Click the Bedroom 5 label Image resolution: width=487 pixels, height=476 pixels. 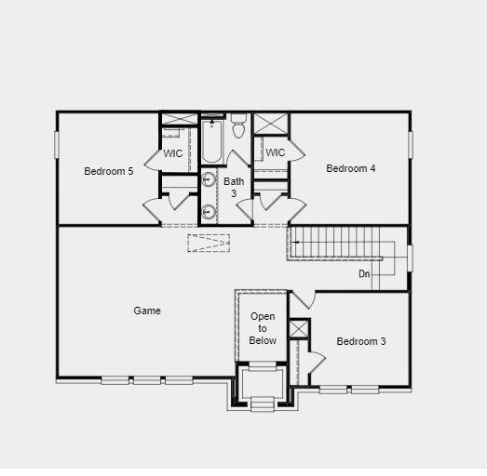[x=109, y=171]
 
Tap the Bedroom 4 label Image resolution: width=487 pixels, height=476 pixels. [x=351, y=168]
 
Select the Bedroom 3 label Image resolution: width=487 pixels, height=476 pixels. [x=361, y=341]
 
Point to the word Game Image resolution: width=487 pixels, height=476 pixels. [x=147, y=311]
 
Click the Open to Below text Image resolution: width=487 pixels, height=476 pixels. [x=263, y=328]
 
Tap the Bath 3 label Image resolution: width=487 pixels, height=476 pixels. [x=234, y=187]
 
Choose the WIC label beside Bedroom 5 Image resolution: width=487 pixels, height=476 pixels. [x=173, y=153]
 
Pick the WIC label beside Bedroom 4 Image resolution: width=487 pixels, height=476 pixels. [x=275, y=152]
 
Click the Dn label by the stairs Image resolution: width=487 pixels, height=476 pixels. [x=364, y=274]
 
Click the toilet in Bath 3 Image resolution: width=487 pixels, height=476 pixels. [x=238, y=127]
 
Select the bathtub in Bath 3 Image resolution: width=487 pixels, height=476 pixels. [x=211, y=141]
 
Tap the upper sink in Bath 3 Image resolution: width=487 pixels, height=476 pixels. [x=210, y=180]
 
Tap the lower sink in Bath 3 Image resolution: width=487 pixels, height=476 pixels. [x=210, y=212]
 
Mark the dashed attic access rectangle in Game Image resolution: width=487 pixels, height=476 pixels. [x=208, y=244]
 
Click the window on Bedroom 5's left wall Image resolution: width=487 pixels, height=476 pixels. [x=57, y=145]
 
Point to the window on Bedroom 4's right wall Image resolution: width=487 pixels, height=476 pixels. [x=410, y=145]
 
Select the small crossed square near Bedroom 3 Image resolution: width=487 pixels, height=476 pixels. [x=298, y=329]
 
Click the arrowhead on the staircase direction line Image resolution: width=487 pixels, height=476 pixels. [x=295, y=243]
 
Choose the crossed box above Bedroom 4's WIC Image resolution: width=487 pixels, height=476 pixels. [x=271, y=124]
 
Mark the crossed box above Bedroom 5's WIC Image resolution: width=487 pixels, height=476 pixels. [x=179, y=118]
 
